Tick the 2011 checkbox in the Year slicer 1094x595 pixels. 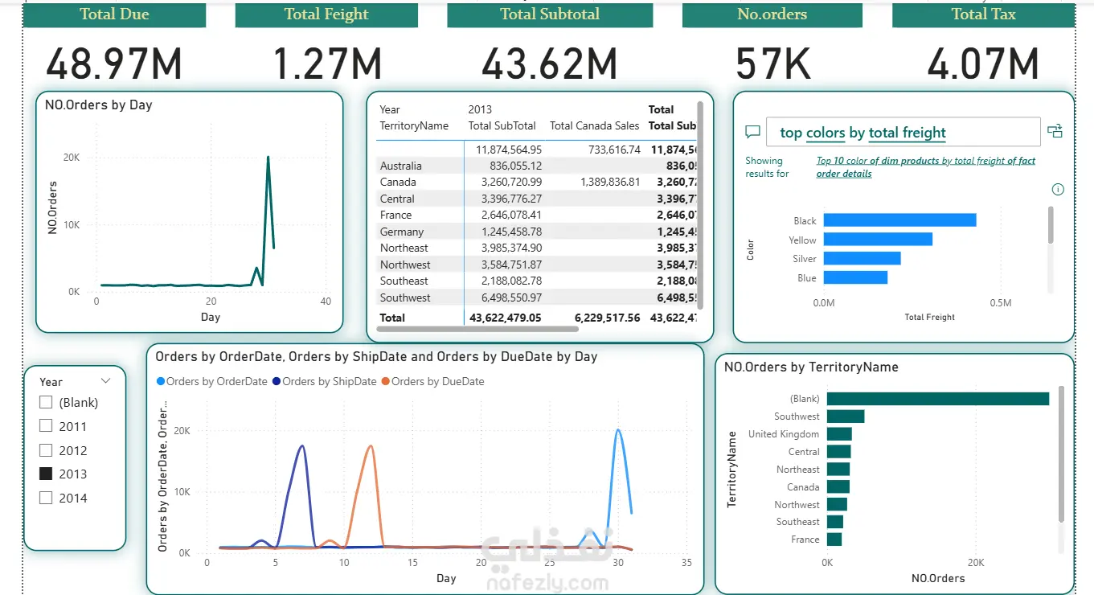(46, 426)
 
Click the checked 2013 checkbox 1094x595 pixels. (46, 474)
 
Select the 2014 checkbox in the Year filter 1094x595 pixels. (46, 499)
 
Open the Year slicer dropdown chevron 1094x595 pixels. (105, 381)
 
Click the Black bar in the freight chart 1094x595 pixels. (899, 220)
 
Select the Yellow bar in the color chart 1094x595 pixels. (878, 240)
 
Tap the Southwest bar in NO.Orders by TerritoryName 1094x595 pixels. (846, 416)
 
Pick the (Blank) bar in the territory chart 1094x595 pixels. (937, 399)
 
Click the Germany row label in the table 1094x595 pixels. (402, 232)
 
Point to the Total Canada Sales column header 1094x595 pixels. (594, 125)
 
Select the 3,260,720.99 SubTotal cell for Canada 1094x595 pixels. (505, 183)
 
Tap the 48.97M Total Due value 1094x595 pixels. (114, 64)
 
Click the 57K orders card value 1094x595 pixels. (772, 64)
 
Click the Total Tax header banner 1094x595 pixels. (983, 14)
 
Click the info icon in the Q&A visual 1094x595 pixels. (1058, 190)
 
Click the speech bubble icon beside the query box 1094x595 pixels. (752, 132)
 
